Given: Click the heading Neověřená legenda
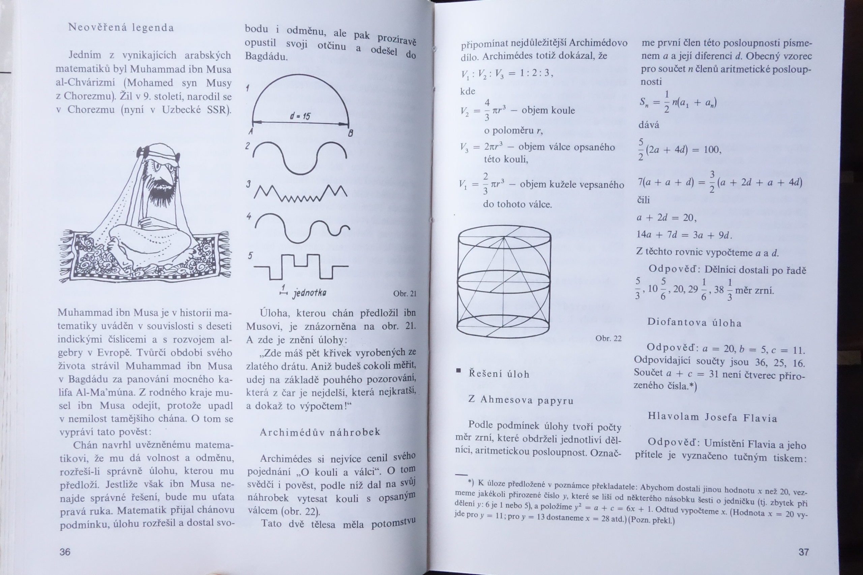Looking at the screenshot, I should coord(121,28).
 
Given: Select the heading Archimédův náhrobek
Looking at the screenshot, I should coord(320,433).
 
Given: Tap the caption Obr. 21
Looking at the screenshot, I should coord(405,294).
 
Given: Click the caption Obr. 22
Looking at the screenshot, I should coord(608,339).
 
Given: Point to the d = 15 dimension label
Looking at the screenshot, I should coord(300,117).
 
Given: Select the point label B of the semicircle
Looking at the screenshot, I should coord(350,134).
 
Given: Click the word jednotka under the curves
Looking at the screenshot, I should coord(309,293).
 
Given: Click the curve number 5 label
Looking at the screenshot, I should coord(250,256).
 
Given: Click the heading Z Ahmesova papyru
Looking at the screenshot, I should coord(521,400).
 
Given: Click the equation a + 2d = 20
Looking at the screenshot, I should coord(666,218).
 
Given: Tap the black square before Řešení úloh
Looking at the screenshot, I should coord(458,371).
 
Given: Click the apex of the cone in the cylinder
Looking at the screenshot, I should coord(504,237).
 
